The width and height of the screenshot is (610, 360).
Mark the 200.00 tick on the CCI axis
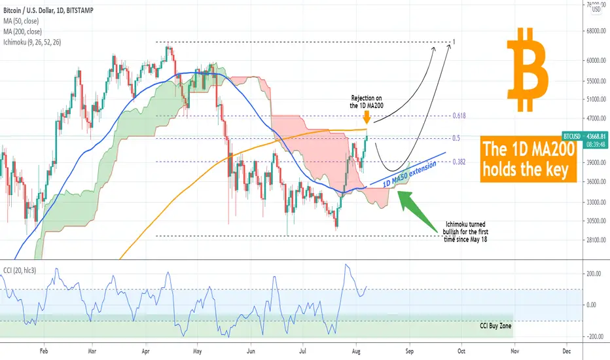pyautogui.click(x=593, y=273)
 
